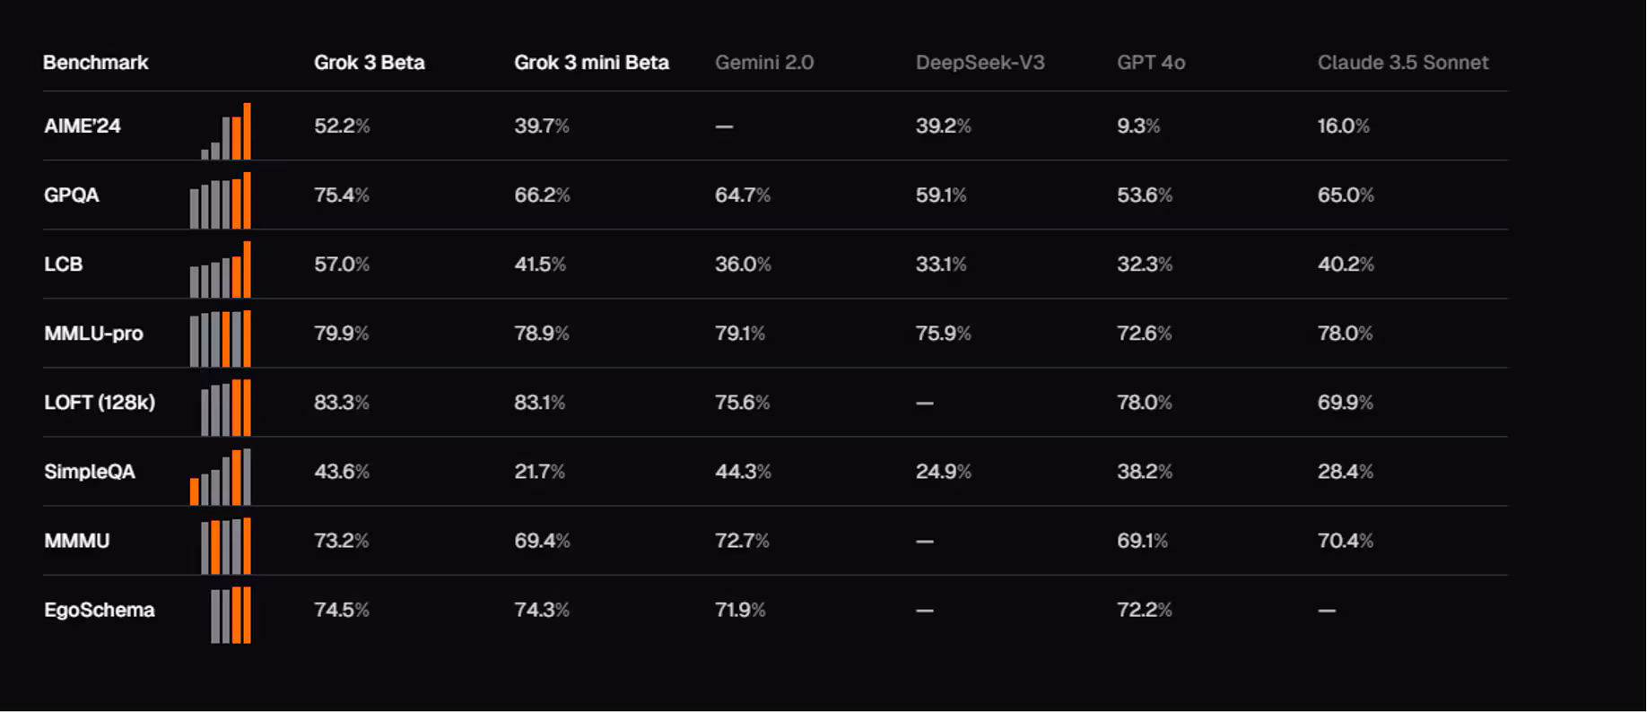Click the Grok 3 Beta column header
[x=369, y=63]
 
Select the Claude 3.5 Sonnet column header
[x=1402, y=63]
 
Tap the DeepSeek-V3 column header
[x=980, y=63]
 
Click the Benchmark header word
[x=96, y=63]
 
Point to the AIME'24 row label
[x=83, y=126]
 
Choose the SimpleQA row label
[x=90, y=472]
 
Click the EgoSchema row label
[x=100, y=610]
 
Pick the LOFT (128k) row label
[x=100, y=403]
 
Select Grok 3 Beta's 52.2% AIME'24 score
[x=342, y=126]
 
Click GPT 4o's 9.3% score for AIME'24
[x=1138, y=126]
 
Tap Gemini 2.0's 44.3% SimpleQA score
[x=743, y=472]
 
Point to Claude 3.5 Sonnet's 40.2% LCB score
[x=1346, y=265]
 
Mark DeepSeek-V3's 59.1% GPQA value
[x=941, y=195]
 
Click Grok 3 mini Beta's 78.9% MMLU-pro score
[x=542, y=334]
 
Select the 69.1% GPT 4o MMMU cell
[x=1142, y=541]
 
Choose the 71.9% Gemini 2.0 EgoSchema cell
[x=740, y=610]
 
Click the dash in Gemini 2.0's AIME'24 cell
[x=724, y=126]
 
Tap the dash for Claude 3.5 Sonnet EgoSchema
[x=1327, y=611]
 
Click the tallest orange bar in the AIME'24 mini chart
[x=247, y=132]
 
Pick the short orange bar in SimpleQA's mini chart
[x=195, y=491]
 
